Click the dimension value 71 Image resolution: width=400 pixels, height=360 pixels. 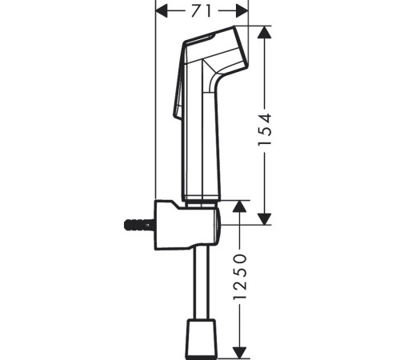[x=201, y=10]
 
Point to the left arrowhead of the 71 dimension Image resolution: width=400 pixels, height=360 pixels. [x=160, y=10]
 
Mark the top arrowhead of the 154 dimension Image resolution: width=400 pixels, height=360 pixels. [x=266, y=31]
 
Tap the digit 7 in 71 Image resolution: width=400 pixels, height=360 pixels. [x=194, y=10]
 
